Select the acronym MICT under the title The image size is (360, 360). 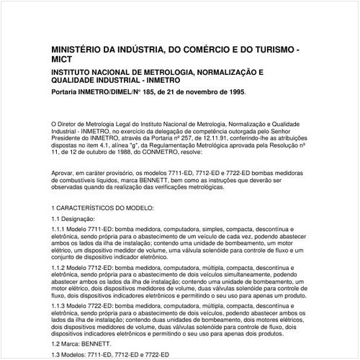[x=65, y=61]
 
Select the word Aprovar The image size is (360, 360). [x=65, y=174]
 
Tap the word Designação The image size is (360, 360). [x=79, y=217]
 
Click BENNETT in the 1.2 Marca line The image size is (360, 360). [x=99, y=345]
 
